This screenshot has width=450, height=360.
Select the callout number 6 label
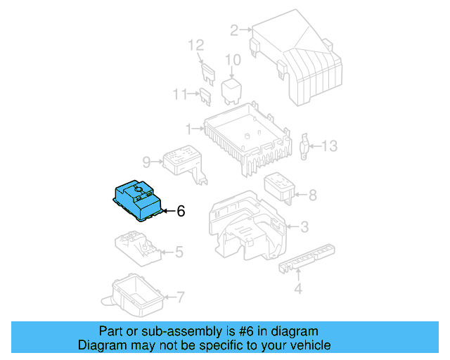[x=181, y=211]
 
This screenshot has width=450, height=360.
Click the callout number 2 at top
[x=234, y=30]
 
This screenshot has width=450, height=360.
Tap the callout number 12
[x=195, y=46]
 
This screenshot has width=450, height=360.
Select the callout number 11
[x=181, y=94]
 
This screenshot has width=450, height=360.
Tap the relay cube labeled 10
[x=233, y=90]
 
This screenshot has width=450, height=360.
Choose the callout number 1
[x=188, y=129]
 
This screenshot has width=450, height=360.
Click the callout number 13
[x=330, y=146]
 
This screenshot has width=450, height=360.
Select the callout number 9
[x=146, y=162]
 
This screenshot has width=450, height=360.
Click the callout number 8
[x=312, y=195]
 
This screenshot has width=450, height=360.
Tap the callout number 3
[x=304, y=226]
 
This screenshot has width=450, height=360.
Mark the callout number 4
[x=297, y=288]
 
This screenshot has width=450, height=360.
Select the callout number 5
[x=179, y=251]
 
